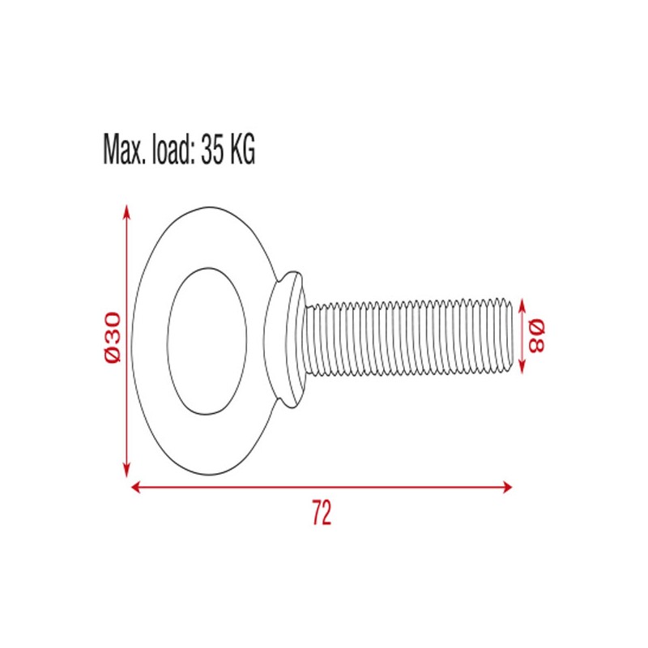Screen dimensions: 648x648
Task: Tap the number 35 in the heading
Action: click(213, 150)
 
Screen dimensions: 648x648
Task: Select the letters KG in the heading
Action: click(242, 150)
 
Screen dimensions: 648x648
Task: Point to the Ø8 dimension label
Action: click(536, 335)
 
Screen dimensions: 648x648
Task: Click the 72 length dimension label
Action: click(322, 514)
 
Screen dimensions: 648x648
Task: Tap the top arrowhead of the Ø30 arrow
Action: click(126, 211)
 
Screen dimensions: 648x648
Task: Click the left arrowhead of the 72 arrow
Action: click(135, 487)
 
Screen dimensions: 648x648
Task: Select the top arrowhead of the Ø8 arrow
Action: click(522, 304)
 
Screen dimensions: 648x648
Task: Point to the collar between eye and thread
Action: click(285, 339)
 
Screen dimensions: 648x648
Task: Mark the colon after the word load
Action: click(191, 154)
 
